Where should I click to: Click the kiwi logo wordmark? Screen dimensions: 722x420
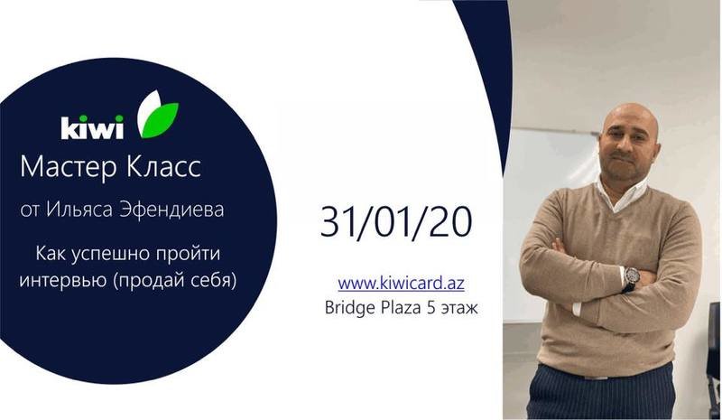[92, 127]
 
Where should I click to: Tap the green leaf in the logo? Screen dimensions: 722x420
[159, 121]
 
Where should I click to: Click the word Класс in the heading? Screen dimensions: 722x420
[163, 166]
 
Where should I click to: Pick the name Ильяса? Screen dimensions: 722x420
[79, 210]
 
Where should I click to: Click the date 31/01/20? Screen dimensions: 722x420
[396, 222]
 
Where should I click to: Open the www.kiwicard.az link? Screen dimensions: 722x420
[401, 283]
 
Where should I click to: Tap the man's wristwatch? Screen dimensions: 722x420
[630, 278]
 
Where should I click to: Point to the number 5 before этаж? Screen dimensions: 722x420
[431, 307]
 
